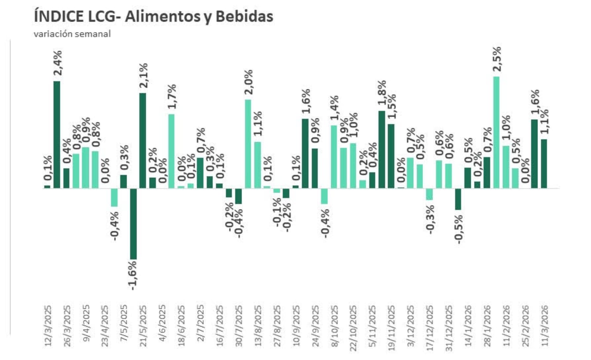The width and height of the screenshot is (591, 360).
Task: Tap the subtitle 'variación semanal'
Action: pos(72,34)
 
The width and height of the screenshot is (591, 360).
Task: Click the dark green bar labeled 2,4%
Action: pos(57,134)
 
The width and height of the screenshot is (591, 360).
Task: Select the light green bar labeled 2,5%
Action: pos(496,132)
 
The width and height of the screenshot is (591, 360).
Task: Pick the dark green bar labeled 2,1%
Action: pos(143,140)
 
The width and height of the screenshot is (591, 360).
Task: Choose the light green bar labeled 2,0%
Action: pos(248,143)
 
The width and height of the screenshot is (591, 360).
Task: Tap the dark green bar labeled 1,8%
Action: pos(382,149)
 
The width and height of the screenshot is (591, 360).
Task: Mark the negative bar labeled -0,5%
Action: pos(458,199)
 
